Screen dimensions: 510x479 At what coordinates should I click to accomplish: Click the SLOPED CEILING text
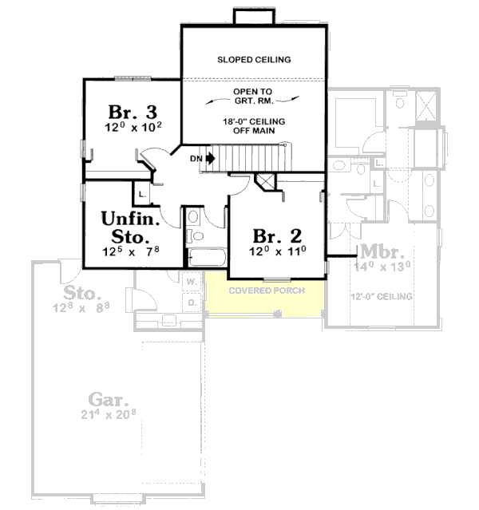click(254, 60)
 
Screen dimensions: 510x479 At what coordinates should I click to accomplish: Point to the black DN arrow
click(210, 158)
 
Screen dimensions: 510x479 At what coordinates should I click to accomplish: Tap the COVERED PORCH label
click(266, 290)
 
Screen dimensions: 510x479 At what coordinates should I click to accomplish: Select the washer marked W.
click(192, 282)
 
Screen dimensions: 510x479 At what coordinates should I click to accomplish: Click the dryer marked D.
click(192, 302)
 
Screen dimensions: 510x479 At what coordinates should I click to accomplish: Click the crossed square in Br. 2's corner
click(264, 181)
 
